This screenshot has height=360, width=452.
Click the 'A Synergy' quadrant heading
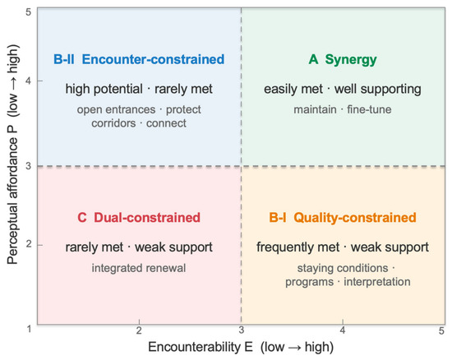pyautogui.click(x=343, y=60)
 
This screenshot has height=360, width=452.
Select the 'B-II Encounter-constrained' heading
pyautogui.click(x=139, y=59)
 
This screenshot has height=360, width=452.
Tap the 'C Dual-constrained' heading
pyautogui.click(x=139, y=218)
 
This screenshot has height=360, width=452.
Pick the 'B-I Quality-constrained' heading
pyautogui.click(x=343, y=218)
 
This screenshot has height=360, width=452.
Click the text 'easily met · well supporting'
pyautogui.click(x=343, y=89)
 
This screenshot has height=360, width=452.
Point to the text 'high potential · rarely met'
pyautogui.click(x=139, y=89)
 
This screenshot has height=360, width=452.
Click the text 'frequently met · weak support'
pyautogui.click(x=343, y=247)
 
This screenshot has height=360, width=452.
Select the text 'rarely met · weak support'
pyautogui.click(x=139, y=247)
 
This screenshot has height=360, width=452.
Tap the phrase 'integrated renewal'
pyautogui.click(x=139, y=268)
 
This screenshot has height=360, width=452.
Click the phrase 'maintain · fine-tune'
pyautogui.click(x=343, y=109)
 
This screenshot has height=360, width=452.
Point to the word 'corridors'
pyautogui.click(x=113, y=123)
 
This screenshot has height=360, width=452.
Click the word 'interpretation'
pyautogui.click(x=377, y=282)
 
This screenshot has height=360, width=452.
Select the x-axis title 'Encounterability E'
pyautogui.click(x=201, y=347)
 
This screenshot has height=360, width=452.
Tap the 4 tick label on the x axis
pyautogui.click(x=343, y=330)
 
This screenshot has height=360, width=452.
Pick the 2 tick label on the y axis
pyautogui.click(x=28, y=244)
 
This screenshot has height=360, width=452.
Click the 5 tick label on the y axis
pyautogui.click(x=28, y=12)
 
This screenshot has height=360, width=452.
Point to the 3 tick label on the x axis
pyautogui.click(x=242, y=330)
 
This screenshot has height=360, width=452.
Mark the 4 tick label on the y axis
pyautogui.click(x=28, y=81)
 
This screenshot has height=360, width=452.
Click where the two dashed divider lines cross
pyautogui.click(x=242, y=166)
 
